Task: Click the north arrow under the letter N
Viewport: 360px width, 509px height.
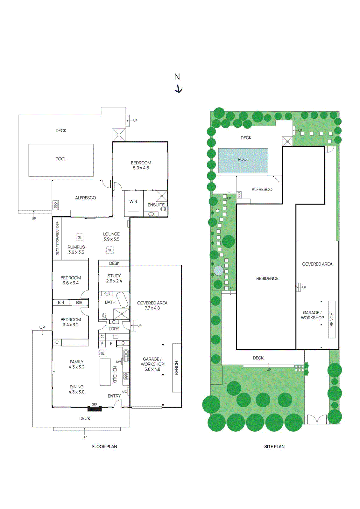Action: pos(179,89)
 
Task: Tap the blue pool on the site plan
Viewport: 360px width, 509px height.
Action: pos(243,160)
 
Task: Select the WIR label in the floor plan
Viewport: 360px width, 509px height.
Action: pos(133,202)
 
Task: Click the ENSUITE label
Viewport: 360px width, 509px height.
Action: pos(156,205)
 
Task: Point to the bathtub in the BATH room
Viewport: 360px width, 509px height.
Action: pos(122,299)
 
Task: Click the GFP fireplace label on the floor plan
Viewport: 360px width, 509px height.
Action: pos(95,405)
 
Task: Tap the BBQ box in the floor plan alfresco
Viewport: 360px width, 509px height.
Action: pos(55,205)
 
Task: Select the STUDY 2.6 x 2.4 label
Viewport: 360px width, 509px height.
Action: pos(114,278)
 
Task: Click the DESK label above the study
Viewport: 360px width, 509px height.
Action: pos(114,263)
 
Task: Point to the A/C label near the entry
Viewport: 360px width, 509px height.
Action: pos(124,392)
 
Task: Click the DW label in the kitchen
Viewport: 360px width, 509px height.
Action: pos(118,362)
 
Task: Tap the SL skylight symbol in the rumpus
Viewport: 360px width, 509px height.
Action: pos(80,237)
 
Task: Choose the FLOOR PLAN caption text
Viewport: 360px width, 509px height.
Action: pos(104,447)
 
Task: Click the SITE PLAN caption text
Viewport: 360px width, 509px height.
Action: pos(274,447)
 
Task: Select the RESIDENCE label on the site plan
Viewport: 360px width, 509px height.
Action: pos(267,278)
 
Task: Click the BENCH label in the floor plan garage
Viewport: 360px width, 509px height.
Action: pos(177,368)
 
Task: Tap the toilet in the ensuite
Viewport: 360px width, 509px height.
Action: pos(163,209)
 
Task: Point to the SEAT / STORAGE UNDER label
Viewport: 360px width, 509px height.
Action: pos(57,238)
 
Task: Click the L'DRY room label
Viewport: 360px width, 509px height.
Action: pos(114,329)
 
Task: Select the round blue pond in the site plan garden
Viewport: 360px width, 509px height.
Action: pos(218,271)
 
